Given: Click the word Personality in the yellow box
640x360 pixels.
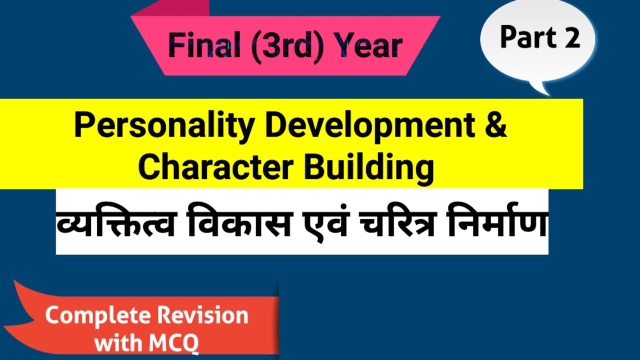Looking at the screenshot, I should [164, 126].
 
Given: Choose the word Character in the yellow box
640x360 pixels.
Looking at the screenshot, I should [214, 168].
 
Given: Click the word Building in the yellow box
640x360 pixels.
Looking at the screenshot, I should [369, 168].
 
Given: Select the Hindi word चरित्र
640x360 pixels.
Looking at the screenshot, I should [409, 224].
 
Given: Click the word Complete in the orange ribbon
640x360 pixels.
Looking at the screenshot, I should [98, 315].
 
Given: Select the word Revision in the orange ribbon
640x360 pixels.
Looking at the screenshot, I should [202, 315].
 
